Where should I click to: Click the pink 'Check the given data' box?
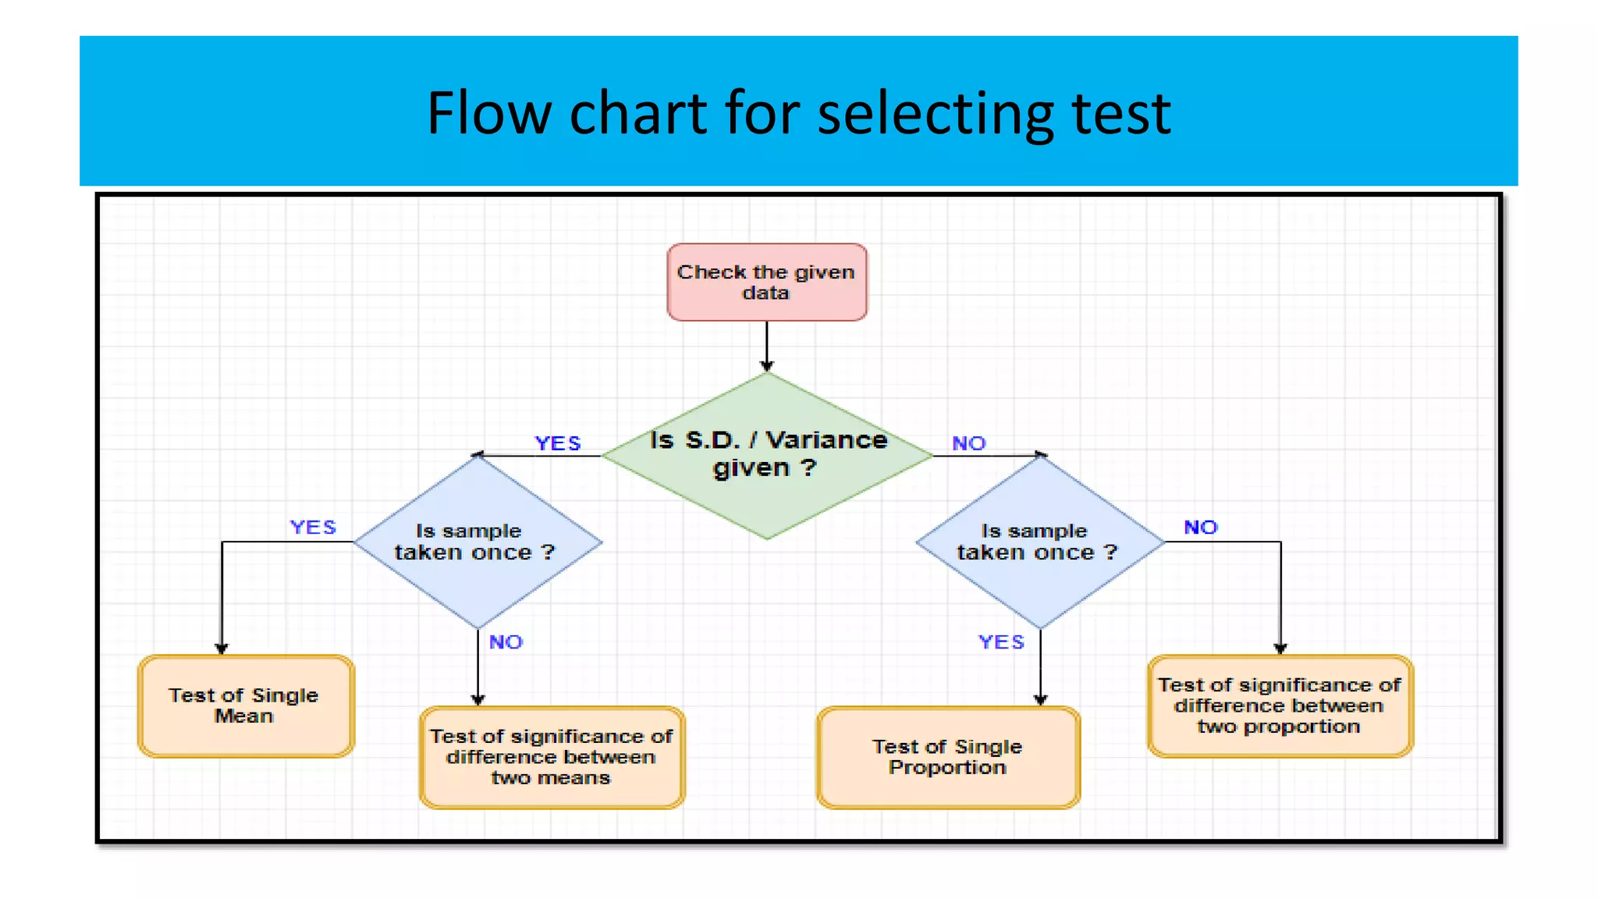766,282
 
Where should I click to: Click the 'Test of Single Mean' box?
245,705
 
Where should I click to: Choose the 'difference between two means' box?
552,757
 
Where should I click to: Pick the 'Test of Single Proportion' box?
947,757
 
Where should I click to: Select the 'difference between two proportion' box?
1280,705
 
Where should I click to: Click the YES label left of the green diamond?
557,443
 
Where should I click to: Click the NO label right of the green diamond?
968,443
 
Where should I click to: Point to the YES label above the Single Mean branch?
313,528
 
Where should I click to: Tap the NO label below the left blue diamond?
506,642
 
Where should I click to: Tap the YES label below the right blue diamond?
1001,642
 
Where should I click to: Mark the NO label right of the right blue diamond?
1200,528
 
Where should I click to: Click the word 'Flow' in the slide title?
488,113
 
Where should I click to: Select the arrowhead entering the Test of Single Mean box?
222,648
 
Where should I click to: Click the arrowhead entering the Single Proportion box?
1040,699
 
